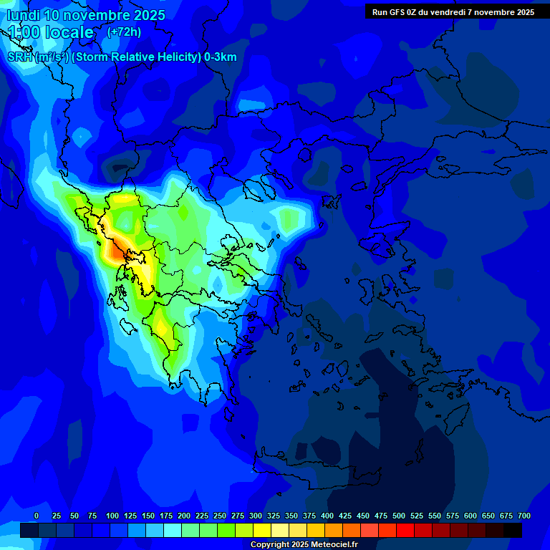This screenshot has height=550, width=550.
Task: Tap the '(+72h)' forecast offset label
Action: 124,32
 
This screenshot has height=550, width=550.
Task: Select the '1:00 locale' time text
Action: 51,32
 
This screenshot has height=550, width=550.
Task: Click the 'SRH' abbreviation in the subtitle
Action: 19,57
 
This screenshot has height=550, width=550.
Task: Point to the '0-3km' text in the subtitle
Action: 221,57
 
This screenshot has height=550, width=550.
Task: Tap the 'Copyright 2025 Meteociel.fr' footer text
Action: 304,545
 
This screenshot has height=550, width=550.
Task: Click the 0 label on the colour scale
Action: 37,516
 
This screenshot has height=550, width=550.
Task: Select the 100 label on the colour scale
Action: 112,516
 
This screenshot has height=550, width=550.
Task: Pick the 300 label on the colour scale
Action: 256,516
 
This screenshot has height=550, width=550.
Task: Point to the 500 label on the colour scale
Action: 399,516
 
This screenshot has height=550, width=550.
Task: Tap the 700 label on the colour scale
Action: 524,516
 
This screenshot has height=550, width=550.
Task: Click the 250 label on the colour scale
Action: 220,516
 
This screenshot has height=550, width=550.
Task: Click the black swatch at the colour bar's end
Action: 513,530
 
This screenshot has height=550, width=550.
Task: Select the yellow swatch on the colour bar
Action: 262,530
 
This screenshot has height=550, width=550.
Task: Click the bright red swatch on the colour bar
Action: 405,530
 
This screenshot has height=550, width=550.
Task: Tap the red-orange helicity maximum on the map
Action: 115,251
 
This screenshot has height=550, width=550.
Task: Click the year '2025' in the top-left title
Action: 145,15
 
